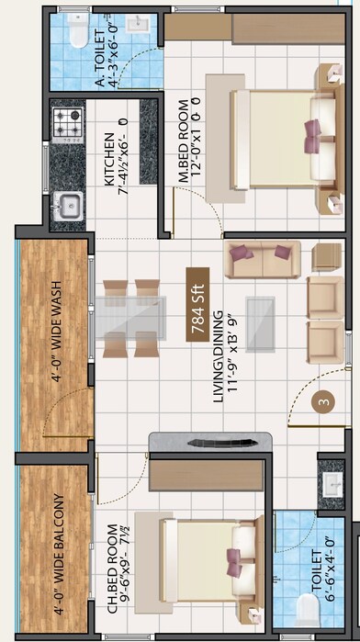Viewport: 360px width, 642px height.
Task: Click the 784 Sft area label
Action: click(x=195, y=305)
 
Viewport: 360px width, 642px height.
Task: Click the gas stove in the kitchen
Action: click(x=67, y=124)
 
